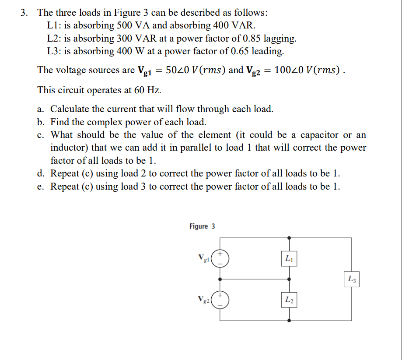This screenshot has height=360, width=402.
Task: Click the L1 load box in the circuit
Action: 289,258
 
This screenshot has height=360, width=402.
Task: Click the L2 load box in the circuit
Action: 289,300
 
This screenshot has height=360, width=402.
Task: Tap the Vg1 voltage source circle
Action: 220,258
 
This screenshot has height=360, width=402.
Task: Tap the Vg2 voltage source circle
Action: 220,300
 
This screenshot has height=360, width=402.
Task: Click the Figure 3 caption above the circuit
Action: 202,226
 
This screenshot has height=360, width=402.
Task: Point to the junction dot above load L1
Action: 289,238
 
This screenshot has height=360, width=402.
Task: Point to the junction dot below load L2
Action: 289,321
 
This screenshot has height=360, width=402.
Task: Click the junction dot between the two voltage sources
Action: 220,279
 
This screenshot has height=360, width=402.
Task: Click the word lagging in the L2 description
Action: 280,39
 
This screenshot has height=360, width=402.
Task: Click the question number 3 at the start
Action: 25,13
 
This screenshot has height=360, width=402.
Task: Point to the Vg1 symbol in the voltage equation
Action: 144,71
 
